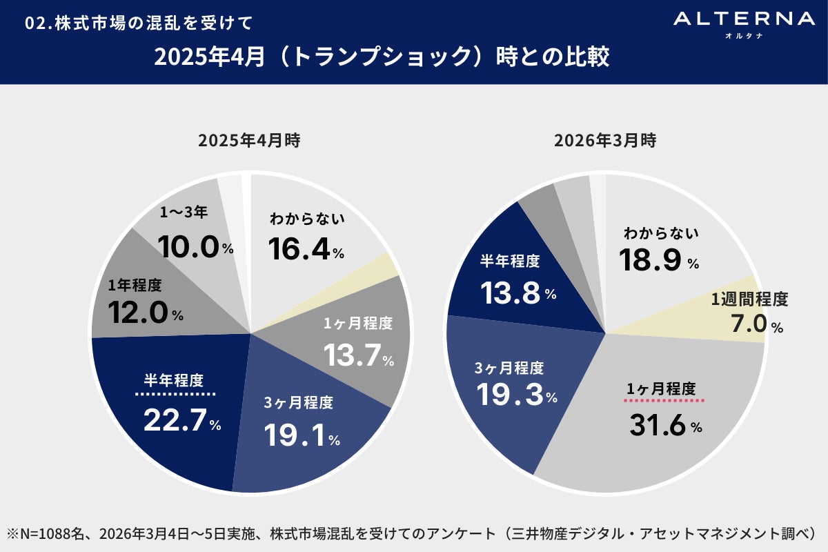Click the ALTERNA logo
click(744, 23)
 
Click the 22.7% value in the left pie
click(181, 420)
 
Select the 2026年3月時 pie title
click(605, 141)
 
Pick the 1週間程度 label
click(749, 299)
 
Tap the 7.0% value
click(757, 324)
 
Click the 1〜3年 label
click(184, 213)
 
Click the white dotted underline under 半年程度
click(175, 394)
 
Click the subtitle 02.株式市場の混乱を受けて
click(138, 23)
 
